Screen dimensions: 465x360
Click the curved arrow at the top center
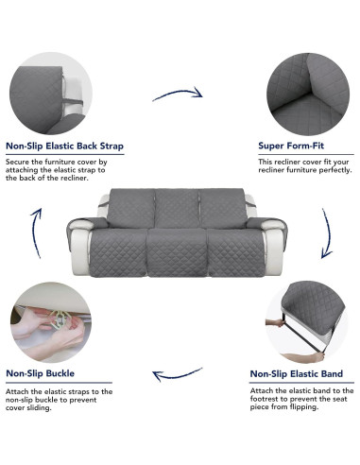click(x=177, y=94)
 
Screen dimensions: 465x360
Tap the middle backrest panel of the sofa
click(x=176, y=208)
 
